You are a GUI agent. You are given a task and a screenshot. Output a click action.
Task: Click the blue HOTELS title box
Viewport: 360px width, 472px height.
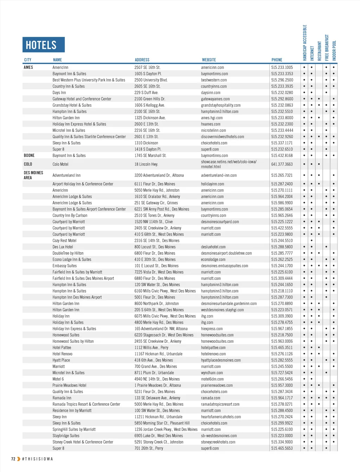coord(44,45)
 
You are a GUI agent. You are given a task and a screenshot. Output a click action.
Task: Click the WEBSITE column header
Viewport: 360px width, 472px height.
coord(209,60)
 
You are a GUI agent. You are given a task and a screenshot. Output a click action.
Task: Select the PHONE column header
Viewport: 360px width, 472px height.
coord(277,60)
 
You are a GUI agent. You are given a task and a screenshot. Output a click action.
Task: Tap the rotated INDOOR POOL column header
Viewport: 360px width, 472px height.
coord(334,50)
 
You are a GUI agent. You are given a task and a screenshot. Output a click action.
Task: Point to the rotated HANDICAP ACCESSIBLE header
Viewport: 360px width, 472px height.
coord(305,42)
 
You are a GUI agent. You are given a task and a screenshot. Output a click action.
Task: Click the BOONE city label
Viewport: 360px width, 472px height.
coord(29,156)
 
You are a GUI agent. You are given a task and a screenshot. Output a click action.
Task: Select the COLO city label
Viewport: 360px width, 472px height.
coord(28,164)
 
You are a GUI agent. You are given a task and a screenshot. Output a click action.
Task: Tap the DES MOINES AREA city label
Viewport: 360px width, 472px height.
coord(33,175)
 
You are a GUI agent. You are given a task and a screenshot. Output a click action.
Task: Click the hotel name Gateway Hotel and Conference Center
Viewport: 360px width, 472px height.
coord(82,99)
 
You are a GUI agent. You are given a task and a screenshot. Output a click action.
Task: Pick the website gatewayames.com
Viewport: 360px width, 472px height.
coord(215,99)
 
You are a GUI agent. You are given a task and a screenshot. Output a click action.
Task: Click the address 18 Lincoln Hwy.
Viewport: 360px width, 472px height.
coord(146,164)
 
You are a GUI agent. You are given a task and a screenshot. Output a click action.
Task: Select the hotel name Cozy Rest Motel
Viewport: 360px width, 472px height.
coord(64,241)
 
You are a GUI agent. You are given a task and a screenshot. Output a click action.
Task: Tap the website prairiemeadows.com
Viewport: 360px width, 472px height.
coord(217,386)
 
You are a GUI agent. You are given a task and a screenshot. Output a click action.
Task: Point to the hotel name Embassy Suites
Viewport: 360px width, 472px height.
coord(65,266)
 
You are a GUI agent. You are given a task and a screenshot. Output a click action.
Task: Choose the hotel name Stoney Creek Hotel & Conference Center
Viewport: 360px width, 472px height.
coord(83,442)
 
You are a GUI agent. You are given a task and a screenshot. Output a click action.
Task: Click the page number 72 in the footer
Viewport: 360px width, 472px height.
coord(13,459)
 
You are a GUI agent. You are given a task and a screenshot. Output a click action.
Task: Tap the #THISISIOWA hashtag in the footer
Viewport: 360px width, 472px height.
coord(37,459)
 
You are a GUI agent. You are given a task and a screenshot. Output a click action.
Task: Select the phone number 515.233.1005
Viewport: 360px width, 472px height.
coord(282,67)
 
